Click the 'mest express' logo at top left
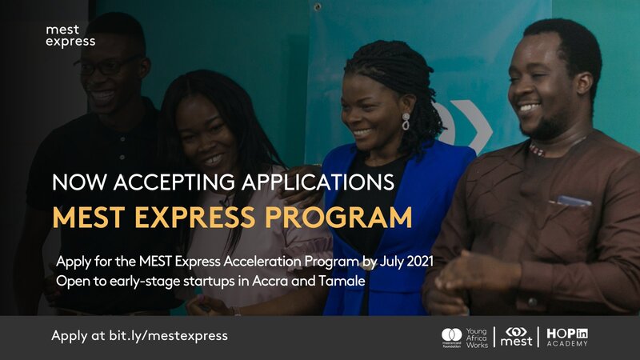pyautogui.click(x=70, y=36)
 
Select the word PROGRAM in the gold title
pyautogui.click(x=338, y=217)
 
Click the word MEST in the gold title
pyautogui.click(x=89, y=217)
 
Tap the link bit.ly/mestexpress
pyautogui.click(x=168, y=336)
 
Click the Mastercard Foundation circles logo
pyautogui.click(x=451, y=335)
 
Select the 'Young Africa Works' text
pyautogui.click(x=477, y=338)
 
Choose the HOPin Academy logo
pyautogui.click(x=567, y=337)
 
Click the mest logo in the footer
pyautogui.click(x=516, y=337)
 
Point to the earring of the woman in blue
pyautogui.click(x=406, y=122)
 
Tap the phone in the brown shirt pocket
pyautogui.click(x=574, y=201)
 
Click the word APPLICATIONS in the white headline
pyautogui.click(x=318, y=182)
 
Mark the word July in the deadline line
pyautogui.click(x=390, y=262)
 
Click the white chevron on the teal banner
pyautogui.click(x=474, y=126)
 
